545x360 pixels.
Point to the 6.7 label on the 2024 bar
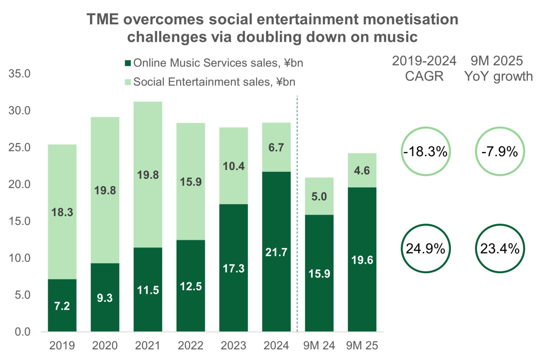pyautogui.click(x=276, y=148)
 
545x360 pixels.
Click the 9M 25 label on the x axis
pyautogui.click(x=362, y=345)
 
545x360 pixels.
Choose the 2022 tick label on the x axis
pyautogui.click(x=191, y=345)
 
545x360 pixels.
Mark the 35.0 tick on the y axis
pyautogui.click(x=19, y=74)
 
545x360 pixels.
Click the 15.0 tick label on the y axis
pyautogui.click(x=19, y=221)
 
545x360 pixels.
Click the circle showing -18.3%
pyautogui.click(x=424, y=152)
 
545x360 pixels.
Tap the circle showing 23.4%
pyautogui.click(x=499, y=249)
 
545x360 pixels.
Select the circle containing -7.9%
pyautogui.click(x=499, y=152)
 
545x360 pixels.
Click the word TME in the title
pyautogui.click(x=103, y=20)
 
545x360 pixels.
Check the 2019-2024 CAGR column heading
pyautogui.click(x=424, y=69)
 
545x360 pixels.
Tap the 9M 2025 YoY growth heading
pyautogui.click(x=499, y=69)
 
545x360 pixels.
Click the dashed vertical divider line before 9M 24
pyautogui.click(x=297, y=213)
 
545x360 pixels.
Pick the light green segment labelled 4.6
pyautogui.click(x=362, y=170)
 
